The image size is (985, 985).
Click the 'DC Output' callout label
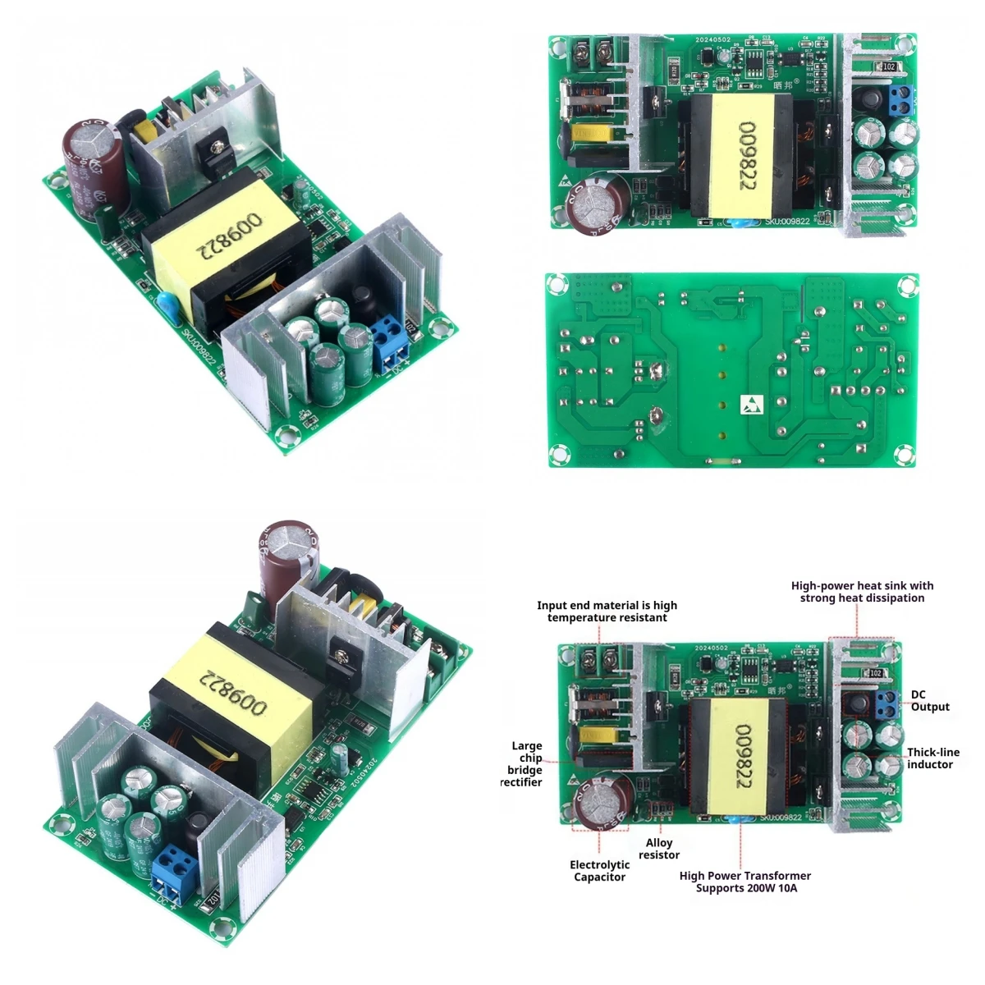[x=929, y=701]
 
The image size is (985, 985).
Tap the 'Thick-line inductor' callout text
[x=932, y=758]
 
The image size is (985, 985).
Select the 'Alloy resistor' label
[x=659, y=849]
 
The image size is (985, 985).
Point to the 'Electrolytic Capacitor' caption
[x=600, y=871]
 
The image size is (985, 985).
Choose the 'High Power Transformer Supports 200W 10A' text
[x=744, y=882]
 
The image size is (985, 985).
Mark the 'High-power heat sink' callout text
[x=862, y=592]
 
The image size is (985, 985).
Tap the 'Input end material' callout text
[x=607, y=612]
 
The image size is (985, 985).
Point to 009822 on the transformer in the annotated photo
[x=744, y=755]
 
